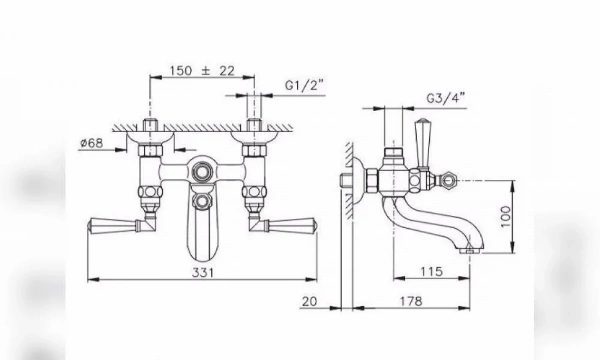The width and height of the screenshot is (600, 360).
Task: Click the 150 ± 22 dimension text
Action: point(202,71)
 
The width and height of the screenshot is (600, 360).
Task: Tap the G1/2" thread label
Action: point(304,85)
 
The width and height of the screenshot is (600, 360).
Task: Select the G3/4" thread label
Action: point(446,98)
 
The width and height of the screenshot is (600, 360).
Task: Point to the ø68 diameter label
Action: point(92,143)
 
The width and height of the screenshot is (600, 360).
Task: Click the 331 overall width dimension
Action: point(203,273)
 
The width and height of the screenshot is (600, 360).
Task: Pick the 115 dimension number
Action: point(432,272)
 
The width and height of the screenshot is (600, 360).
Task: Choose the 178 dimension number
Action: point(411,301)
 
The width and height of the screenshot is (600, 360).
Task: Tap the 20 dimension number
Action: point(309,301)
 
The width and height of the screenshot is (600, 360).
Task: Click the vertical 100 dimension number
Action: point(505,217)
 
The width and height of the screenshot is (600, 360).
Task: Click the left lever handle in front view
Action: point(113,225)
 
